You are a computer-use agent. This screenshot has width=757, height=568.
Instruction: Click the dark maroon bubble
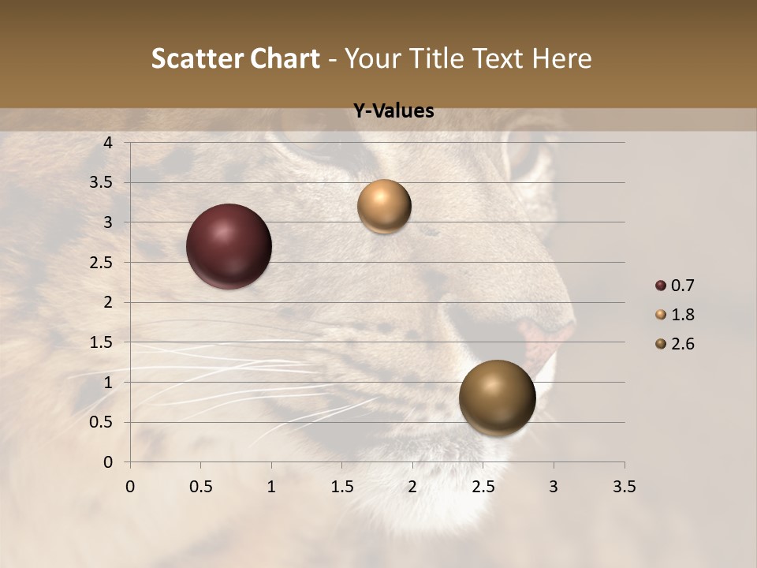coord(229,246)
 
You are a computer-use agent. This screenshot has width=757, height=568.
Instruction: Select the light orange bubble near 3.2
coord(384,206)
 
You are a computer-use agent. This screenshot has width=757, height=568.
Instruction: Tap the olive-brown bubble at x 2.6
coord(497,398)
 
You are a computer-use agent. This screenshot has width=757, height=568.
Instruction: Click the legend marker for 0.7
coord(661,286)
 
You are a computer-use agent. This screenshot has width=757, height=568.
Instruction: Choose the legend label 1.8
coord(682,315)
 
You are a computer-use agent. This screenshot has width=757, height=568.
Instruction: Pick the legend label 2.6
coord(682,344)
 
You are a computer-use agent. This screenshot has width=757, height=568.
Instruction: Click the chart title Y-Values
coord(393,111)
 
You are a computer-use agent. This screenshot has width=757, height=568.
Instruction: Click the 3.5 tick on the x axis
coord(624,487)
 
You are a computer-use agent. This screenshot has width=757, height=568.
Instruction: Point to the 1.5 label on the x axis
coord(341,487)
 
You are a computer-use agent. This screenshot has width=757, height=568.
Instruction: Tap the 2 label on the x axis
coord(412,487)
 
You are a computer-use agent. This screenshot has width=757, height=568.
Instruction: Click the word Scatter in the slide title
coord(197,58)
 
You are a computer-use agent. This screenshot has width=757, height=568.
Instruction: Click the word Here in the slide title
coord(561,58)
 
